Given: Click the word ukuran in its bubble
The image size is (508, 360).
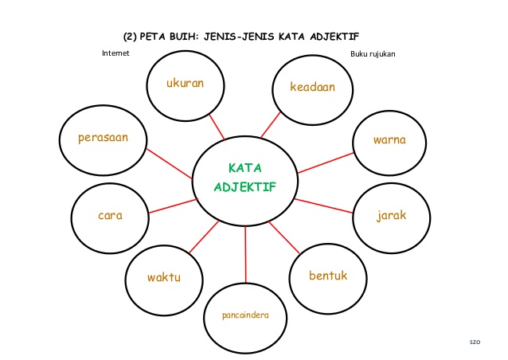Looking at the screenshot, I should [x=186, y=83].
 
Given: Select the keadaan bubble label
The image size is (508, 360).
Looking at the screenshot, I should [x=312, y=87].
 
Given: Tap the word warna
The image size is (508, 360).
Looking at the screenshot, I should [x=389, y=140].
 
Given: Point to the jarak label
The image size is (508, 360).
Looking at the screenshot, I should [x=392, y=216].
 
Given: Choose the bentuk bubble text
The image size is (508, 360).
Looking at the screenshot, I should [x=329, y=276].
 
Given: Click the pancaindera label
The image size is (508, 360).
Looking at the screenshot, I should [x=245, y=315].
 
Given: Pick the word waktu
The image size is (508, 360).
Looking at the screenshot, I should [x=164, y=277].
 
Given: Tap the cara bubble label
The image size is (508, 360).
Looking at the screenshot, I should [x=110, y=216].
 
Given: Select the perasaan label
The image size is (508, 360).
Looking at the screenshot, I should [x=103, y=138].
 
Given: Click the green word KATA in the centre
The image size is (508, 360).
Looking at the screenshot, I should [x=244, y=168].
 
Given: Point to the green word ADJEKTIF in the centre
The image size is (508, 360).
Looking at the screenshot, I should [x=244, y=186].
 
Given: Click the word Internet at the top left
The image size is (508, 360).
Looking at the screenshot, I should [x=115, y=53].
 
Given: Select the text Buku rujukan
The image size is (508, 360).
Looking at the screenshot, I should [x=373, y=54].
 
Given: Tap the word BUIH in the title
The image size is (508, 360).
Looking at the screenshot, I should [x=174, y=36].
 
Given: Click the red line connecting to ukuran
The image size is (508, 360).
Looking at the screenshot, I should [x=216, y=126].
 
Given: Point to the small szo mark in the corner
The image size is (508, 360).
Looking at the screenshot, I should [x=475, y=341].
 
